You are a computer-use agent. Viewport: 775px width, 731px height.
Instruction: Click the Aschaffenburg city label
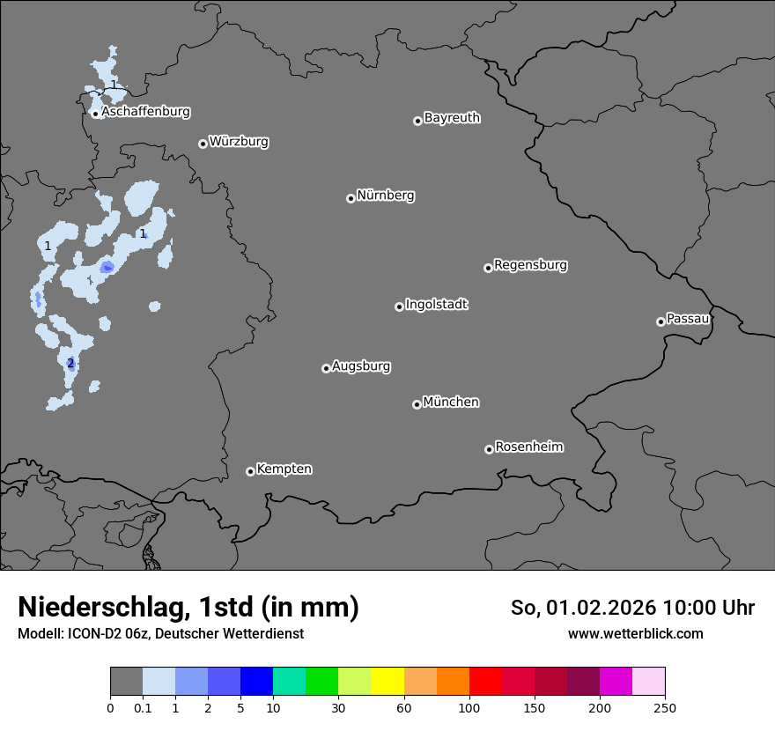point(145,112)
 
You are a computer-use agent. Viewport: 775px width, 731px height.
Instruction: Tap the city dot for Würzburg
point(203,144)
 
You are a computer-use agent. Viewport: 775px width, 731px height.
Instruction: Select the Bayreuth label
point(452,117)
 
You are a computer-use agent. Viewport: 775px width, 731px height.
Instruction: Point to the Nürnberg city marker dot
point(351,198)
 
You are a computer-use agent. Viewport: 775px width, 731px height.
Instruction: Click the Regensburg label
point(530,264)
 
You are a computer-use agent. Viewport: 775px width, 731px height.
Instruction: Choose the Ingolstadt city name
point(436,305)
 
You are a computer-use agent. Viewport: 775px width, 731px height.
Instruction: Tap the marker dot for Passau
point(661,321)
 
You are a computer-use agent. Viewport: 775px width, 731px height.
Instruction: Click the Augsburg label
point(360,365)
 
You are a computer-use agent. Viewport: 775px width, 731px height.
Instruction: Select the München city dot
point(417,404)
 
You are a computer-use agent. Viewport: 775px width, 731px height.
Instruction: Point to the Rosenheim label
point(528,447)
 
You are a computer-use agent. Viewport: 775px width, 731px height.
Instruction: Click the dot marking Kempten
point(250,471)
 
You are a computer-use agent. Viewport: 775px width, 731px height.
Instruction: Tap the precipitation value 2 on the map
point(70,363)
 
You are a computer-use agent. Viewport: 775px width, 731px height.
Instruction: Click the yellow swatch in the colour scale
point(387,682)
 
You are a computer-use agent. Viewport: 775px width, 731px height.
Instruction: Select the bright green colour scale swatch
point(322,682)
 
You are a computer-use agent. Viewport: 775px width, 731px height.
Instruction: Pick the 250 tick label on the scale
point(665,707)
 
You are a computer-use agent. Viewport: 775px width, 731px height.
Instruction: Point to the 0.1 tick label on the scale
point(143,707)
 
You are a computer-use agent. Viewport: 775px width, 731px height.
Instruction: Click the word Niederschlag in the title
point(102,608)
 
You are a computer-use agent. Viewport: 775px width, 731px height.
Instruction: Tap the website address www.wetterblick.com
point(636,633)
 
